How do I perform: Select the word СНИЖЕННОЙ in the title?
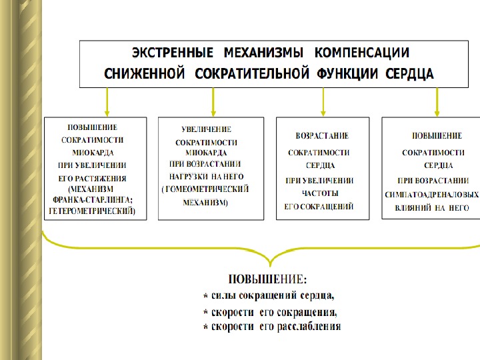point(144,74)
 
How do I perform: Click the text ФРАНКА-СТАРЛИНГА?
point(93,198)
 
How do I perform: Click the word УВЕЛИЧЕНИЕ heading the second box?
point(207,129)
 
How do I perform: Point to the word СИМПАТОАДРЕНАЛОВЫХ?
point(432,195)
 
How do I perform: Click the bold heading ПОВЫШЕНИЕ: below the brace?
point(268,278)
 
